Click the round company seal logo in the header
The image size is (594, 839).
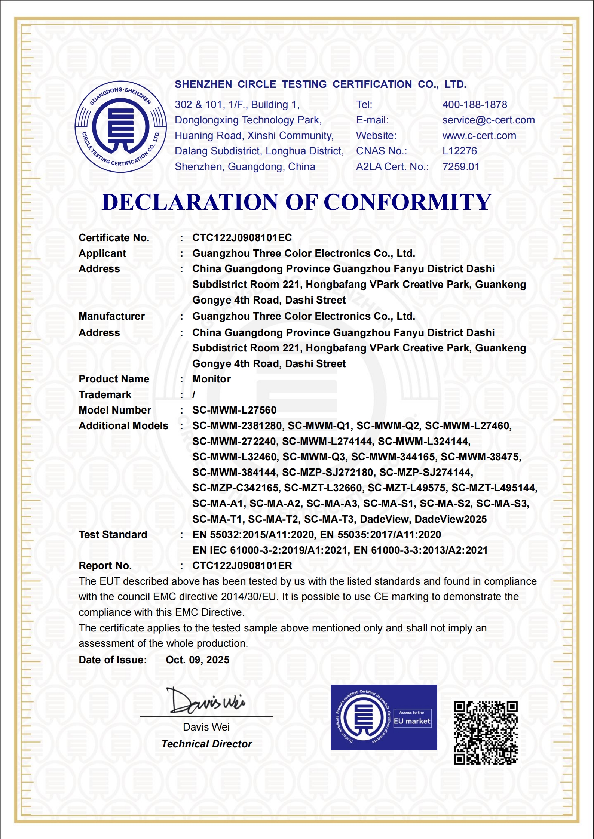point(120,126)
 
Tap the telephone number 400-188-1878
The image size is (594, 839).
point(474,105)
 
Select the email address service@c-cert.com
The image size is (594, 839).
point(488,120)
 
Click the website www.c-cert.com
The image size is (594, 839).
point(479,136)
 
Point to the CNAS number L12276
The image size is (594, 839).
point(459,151)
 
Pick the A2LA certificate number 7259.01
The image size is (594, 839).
point(460,167)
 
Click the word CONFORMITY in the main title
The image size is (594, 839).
point(407,202)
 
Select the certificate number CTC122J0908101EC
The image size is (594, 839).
point(242,238)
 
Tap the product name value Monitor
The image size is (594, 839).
point(211,379)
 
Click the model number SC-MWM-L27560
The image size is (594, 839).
point(234,410)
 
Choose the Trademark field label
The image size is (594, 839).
point(105,395)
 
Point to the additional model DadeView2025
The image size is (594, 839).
point(450,519)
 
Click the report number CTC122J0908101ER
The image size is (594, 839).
point(242,566)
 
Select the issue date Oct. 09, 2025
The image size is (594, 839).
point(198,660)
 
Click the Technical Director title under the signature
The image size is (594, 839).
point(206,744)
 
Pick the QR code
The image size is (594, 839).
point(486,733)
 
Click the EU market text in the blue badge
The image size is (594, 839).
point(412,721)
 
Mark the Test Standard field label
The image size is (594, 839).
point(113,535)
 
